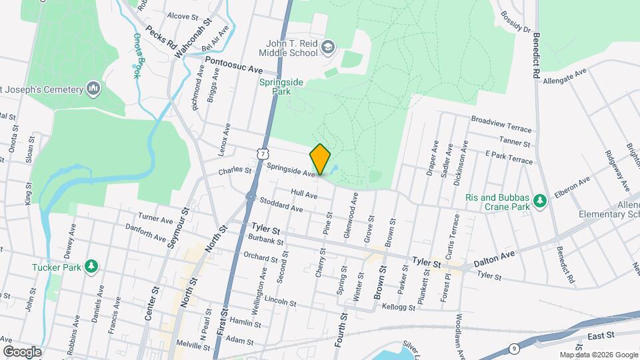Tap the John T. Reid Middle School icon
click(x=327, y=47)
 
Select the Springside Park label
click(x=276, y=87)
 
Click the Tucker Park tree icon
click(x=91, y=267)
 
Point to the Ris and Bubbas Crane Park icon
click(x=541, y=201)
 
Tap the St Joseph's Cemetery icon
click(x=93, y=89)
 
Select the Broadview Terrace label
click(x=501, y=125)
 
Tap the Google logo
click(x=22, y=351)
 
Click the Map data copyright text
click(x=598, y=355)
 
